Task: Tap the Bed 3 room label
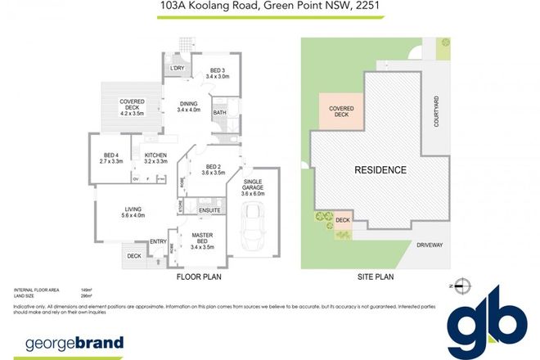[216, 73]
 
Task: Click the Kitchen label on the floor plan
[155, 158]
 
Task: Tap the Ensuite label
[209, 210]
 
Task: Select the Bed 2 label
[214, 169]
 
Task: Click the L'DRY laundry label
[178, 68]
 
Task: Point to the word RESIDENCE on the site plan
[380, 170]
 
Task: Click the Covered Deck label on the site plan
[340, 111]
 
